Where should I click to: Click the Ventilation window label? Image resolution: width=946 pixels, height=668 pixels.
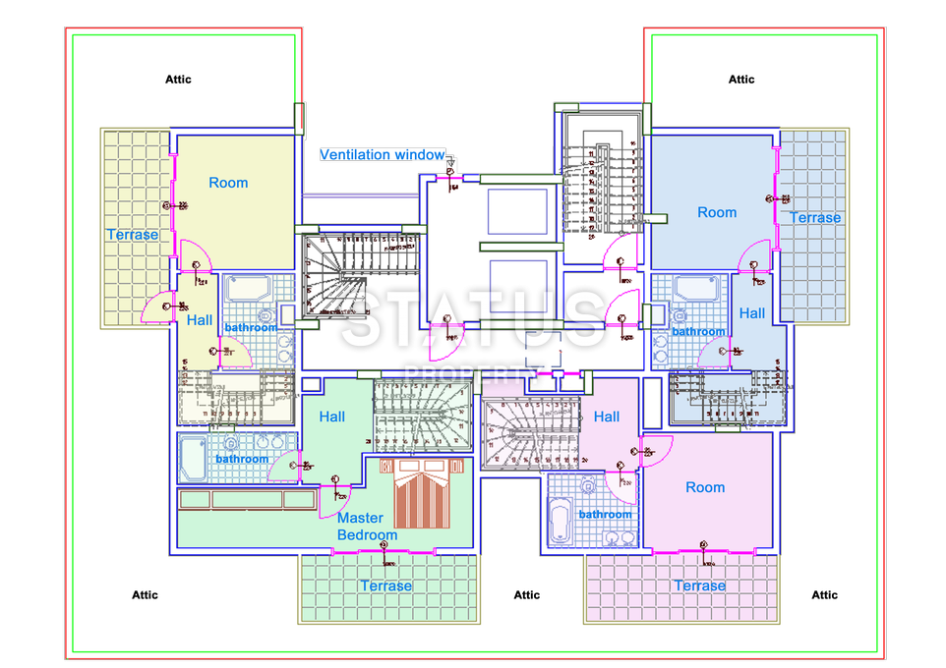click(382, 155)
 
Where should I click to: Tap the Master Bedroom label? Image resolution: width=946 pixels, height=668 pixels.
click(367, 527)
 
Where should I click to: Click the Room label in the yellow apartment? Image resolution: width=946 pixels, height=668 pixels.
click(228, 183)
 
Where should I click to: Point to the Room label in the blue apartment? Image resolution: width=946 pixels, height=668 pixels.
click(717, 212)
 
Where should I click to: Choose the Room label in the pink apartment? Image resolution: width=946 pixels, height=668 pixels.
click(705, 487)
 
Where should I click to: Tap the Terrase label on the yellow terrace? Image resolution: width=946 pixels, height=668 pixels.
click(133, 235)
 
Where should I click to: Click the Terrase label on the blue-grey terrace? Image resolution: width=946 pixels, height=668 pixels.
click(815, 217)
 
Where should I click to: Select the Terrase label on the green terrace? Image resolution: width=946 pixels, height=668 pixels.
click(385, 585)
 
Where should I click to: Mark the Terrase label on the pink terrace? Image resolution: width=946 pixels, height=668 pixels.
click(699, 585)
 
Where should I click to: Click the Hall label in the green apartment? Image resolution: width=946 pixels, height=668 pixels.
click(332, 417)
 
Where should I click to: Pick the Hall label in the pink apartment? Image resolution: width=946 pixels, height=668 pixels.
click(607, 417)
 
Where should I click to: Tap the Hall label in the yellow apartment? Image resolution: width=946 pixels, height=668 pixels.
click(200, 319)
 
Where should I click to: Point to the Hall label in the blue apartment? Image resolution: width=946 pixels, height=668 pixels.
click(752, 313)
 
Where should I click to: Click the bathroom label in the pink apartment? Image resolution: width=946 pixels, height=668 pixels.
click(605, 514)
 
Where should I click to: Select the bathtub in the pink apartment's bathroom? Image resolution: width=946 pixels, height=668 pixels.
click(562, 522)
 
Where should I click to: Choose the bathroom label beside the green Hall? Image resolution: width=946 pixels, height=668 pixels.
click(242, 459)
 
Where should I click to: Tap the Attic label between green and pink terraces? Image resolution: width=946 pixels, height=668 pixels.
click(527, 594)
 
